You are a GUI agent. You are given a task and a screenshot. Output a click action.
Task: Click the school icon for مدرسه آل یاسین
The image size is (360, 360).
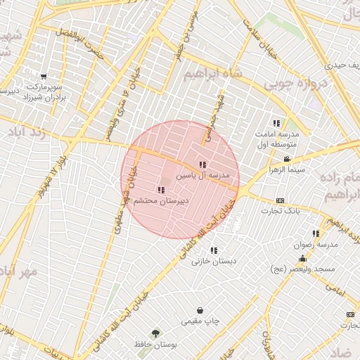202,165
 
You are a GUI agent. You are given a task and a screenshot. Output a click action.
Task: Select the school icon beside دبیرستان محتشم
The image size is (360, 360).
160,190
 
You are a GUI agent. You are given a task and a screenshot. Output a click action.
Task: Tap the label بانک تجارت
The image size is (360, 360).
285,211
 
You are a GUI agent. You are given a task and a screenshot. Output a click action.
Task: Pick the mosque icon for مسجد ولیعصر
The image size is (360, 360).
303,258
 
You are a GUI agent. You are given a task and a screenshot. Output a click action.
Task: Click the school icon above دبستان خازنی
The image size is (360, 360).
213,250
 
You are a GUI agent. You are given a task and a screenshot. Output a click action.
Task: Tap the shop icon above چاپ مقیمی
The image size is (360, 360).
200,310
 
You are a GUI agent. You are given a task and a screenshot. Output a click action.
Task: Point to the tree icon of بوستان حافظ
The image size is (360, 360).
154,333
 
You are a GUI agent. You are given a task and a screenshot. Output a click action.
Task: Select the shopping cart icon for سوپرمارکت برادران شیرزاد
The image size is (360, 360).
44,77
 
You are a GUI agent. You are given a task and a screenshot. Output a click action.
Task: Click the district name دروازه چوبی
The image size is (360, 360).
296,84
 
